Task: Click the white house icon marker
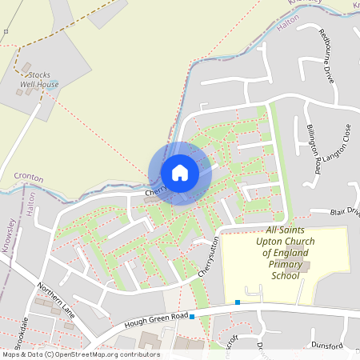pyautogui.click(x=179, y=173)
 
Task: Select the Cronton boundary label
pyautogui.click(x=28, y=175)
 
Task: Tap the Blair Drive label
pyautogui.click(x=346, y=213)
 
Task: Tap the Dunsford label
pyautogui.click(x=326, y=346)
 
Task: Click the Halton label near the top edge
pyautogui.click(x=287, y=25)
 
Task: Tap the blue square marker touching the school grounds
pyautogui.click(x=238, y=302)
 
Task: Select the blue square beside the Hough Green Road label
pyautogui.click(x=192, y=317)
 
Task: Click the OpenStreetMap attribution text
pyautogui.click(x=80, y=354)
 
